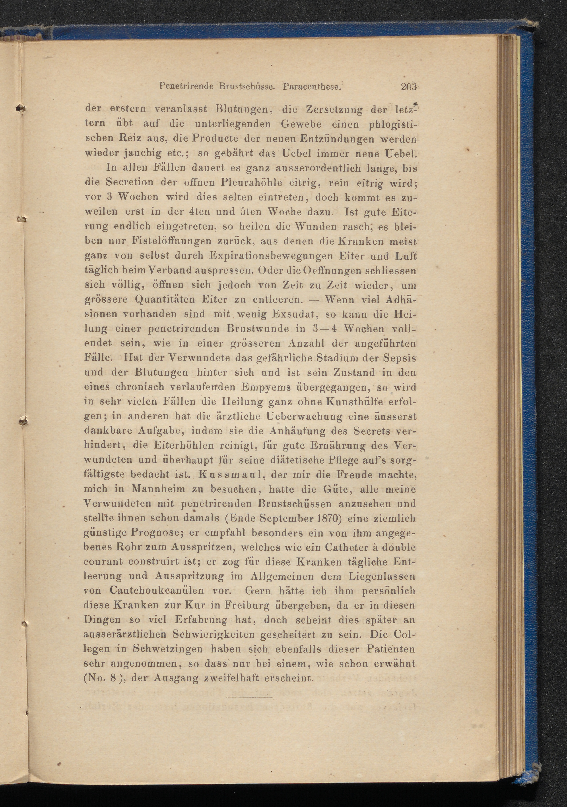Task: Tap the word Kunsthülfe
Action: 354,402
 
